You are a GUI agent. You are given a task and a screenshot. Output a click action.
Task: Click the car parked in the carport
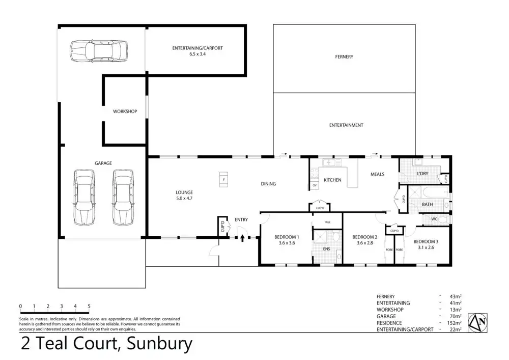[x=97, y=50]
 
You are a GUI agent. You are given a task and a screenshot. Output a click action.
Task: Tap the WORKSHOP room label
[x=125, y=111]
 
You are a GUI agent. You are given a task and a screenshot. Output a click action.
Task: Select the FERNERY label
[x=344, y=57]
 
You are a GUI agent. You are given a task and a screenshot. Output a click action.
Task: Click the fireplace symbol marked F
[x=223, y=179]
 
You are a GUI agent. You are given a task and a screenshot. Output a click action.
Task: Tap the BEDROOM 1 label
[x=287, y=237]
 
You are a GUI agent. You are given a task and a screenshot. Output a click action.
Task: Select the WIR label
[x=329, y=222]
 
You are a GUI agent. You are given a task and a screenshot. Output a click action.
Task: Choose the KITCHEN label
[x=332, y=180]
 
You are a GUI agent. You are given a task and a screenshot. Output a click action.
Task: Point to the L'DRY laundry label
[x=422, y=174]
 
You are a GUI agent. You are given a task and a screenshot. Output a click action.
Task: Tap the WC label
[x=434, y=219]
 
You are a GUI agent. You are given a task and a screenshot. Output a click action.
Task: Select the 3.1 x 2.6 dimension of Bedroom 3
[x=423, y=247]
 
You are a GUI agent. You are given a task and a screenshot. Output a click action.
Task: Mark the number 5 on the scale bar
[x=89, y=306]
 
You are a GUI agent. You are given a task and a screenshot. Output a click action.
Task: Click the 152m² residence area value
[x=456, y=323]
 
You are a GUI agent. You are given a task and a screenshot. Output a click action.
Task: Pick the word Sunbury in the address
[x=159, y=344]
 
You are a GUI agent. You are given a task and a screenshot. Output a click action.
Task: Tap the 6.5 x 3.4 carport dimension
[x=197, y=53]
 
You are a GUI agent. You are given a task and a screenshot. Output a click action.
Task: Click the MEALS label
[x=377, y=174]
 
